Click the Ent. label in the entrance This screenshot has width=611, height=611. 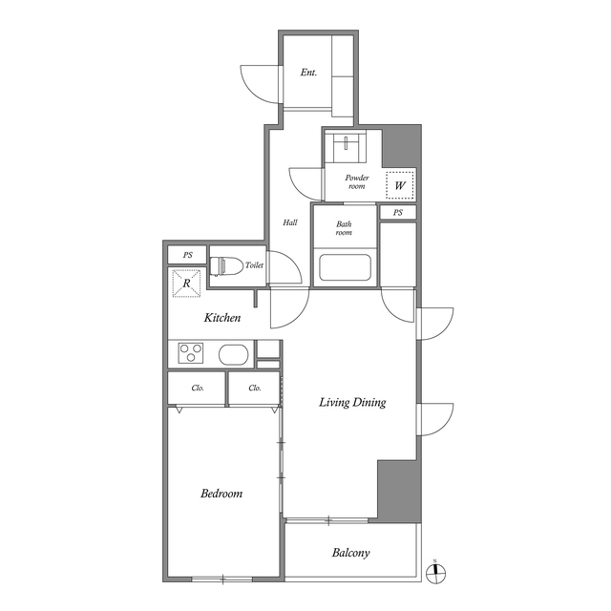[x=308, y=73]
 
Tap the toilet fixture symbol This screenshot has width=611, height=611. [x=221, y=265]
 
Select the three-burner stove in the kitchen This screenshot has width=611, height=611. [x=191, y=353]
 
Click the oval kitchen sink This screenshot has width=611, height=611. [x=233, y=354]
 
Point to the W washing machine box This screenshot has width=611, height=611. [x=400, y=185]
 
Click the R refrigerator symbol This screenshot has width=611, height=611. [x=187, y=284]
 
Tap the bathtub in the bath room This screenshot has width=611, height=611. [x=345, y=267]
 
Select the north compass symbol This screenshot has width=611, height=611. [x=435, y=573]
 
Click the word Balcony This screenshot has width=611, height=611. [x=350, y=553]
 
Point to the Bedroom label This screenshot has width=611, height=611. [x=221, y=494]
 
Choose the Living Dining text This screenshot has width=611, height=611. [x=352, y=402]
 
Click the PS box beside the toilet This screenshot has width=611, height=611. [x=187, y=255]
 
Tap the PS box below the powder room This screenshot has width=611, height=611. [x=398, y=212]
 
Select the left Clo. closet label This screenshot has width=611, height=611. [x=198, y=389]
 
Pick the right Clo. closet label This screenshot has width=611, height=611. [x=255, y=389]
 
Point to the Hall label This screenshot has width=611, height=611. [x=290, y=222]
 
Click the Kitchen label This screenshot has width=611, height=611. [x=222, y=318]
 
